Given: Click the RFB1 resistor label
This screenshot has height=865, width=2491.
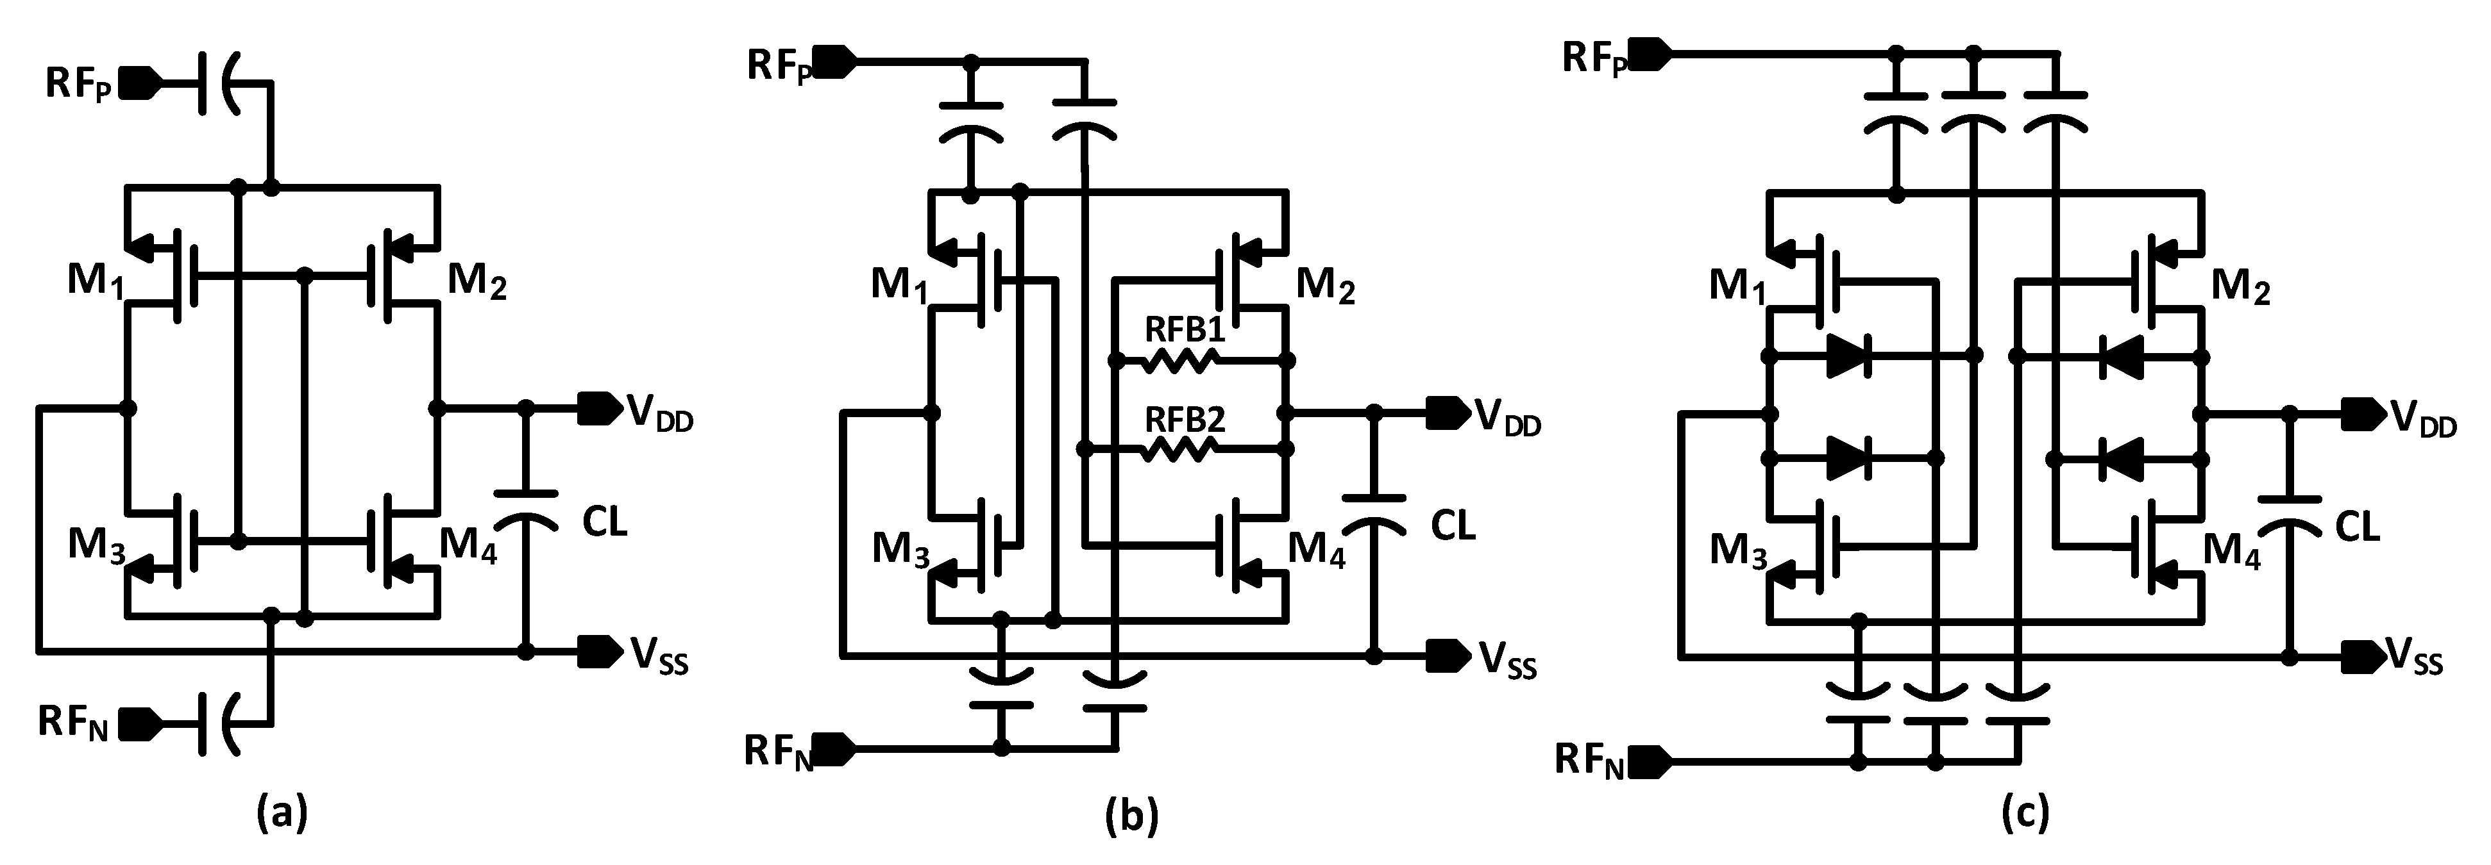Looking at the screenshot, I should click(1185, 331).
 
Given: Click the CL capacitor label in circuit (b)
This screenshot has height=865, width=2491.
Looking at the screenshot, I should click(1453, 527).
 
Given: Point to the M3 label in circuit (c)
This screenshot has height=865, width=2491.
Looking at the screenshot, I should click(1737, 552).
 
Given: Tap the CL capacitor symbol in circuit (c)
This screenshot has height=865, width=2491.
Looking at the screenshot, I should click(2289, 512).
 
